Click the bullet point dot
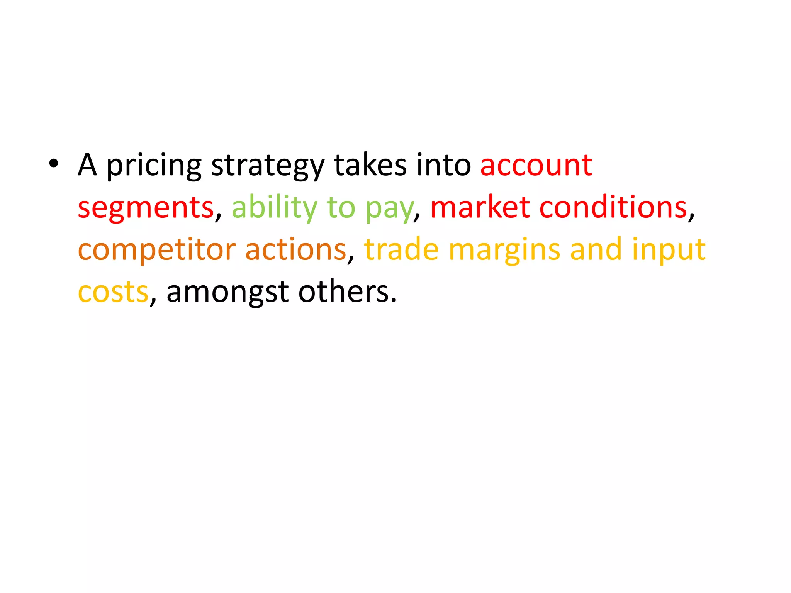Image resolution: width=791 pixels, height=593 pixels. coord(54,164)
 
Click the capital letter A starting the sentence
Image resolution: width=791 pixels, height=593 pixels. coord(87,165)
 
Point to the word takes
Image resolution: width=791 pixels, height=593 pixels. coord(370,165)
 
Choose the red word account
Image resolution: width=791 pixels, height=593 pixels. coord(536,166)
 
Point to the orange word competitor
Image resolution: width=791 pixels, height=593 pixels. coord(157,250)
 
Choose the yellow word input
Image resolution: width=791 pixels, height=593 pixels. coord(669,250)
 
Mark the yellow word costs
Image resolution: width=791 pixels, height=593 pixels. coord(113,292)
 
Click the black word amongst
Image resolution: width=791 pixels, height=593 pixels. coord(227,293)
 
